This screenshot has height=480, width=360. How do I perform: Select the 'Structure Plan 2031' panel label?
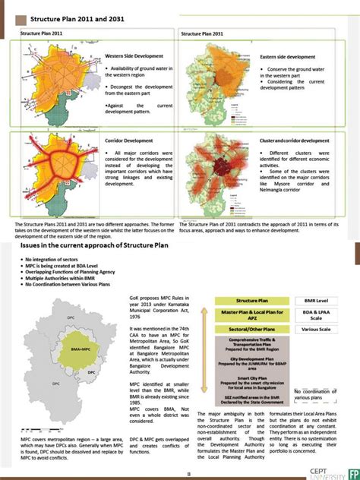click(x=201, y=34)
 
